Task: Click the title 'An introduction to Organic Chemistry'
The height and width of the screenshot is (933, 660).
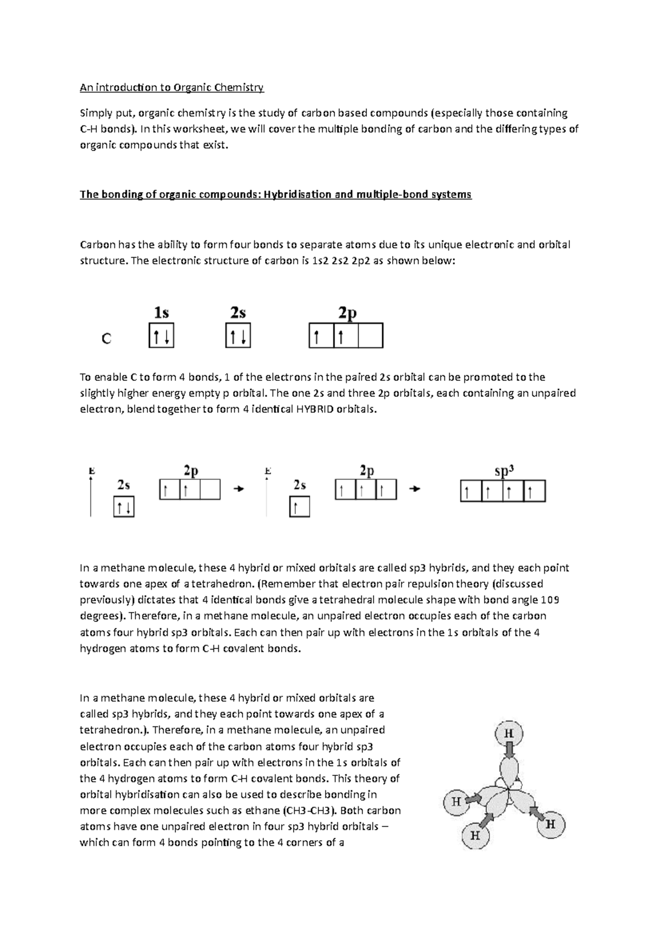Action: coord(172,87)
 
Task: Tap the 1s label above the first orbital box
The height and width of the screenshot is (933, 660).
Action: coord(161,313)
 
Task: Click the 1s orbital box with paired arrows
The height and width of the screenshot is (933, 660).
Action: coord(161,336)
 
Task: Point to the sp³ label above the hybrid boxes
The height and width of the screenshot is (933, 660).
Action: coord(504,471)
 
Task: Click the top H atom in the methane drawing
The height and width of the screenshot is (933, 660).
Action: coord(509,733)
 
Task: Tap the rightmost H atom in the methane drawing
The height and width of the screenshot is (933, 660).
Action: coord(550,824)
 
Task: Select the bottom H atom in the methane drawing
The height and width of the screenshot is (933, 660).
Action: coord(475,836)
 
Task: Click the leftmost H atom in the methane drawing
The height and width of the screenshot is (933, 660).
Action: coord(457,802)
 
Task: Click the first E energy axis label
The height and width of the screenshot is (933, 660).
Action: coord(92,471)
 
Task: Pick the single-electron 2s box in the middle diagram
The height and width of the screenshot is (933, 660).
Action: coord(300,507)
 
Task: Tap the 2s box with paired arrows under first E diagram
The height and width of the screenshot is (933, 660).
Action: coord(124,507)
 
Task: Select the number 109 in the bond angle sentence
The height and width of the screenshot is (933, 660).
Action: coord(551,599)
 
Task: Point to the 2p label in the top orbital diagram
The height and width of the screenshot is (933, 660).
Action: coord(347,313)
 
